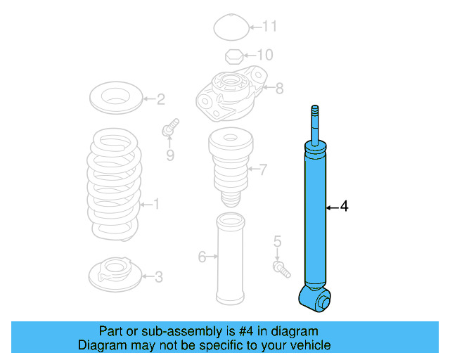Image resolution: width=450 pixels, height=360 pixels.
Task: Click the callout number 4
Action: tap(344, 207)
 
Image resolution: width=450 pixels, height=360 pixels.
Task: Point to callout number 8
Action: tap(279, 89)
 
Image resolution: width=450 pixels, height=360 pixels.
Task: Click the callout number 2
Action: tap(160, 99)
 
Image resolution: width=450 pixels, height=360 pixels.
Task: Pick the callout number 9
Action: tap(170, 155)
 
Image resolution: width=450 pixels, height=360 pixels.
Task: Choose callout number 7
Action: tap(263, 169)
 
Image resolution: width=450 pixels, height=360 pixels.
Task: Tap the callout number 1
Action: tap(156, 205)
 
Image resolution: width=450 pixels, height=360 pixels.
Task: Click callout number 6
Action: tap(202, 257)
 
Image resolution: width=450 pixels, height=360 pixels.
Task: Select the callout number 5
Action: tap(277, 243)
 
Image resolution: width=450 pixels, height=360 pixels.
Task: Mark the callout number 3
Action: tap(158, 278)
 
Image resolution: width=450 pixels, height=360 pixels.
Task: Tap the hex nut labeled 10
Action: tap(234, 56)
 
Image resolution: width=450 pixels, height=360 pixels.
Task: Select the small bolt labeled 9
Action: tap(169, 129)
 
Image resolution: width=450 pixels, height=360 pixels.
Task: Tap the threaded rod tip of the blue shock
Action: tap(316, 114)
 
